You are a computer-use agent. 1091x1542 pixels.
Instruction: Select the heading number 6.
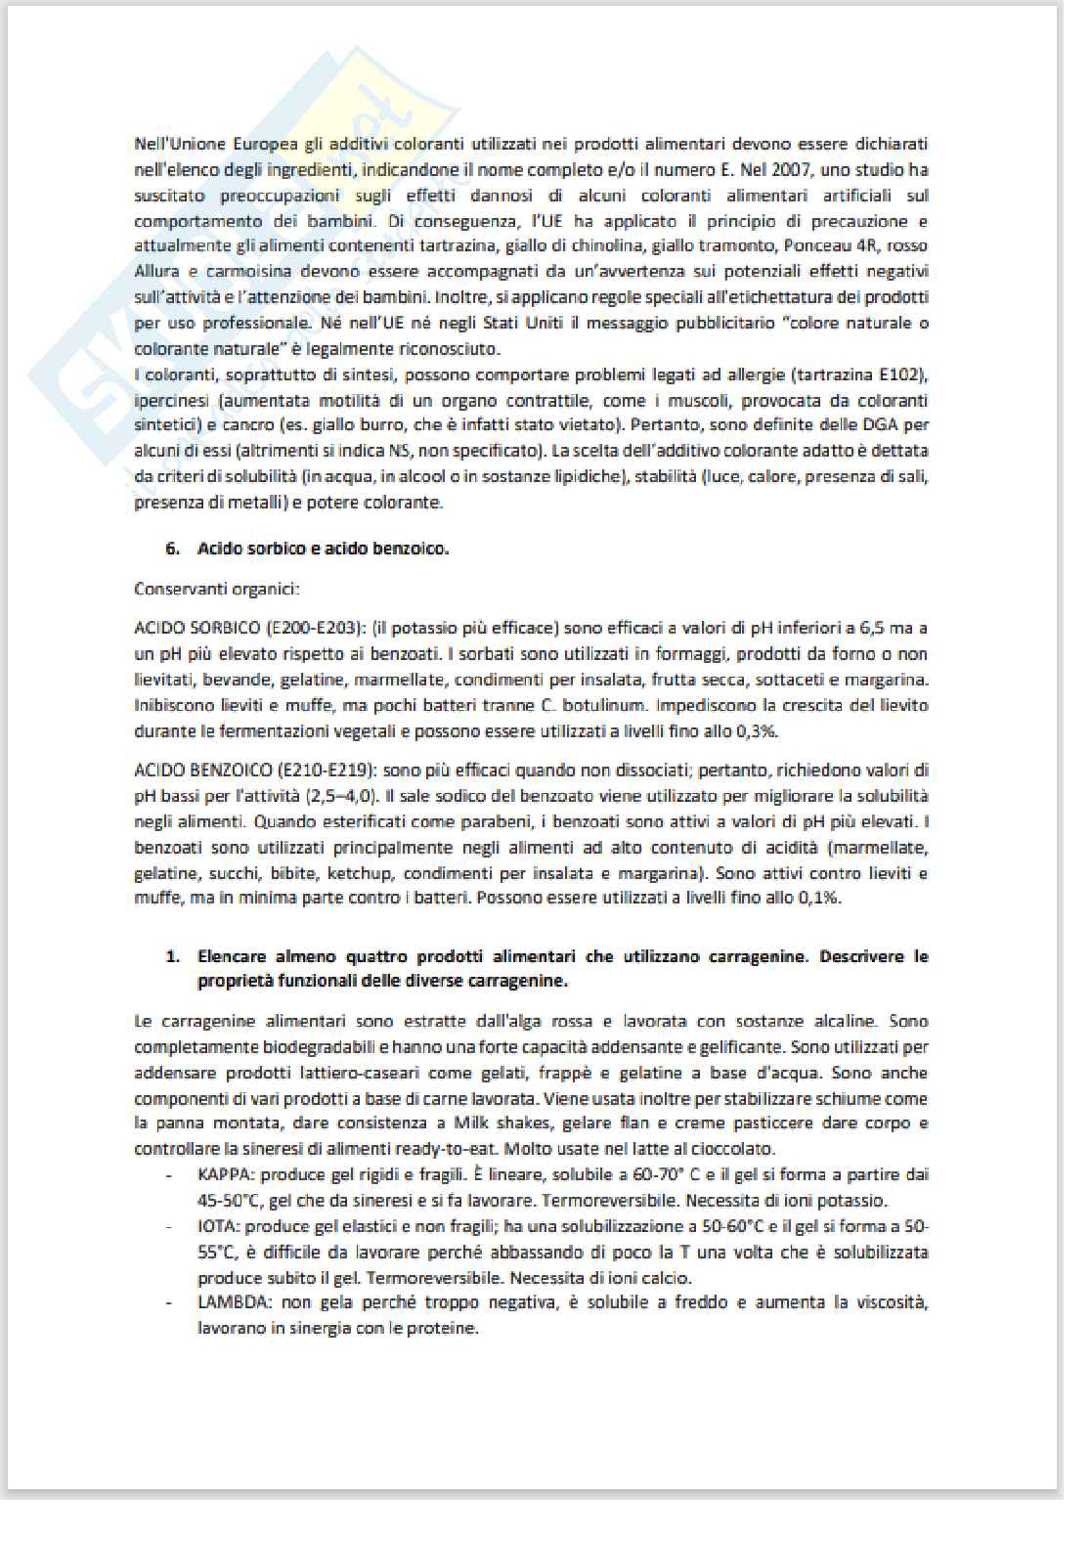(173, 549)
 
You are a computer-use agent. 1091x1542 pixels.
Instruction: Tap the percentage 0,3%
(758, 730)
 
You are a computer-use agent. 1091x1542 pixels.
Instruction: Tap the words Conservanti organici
(216, 589)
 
